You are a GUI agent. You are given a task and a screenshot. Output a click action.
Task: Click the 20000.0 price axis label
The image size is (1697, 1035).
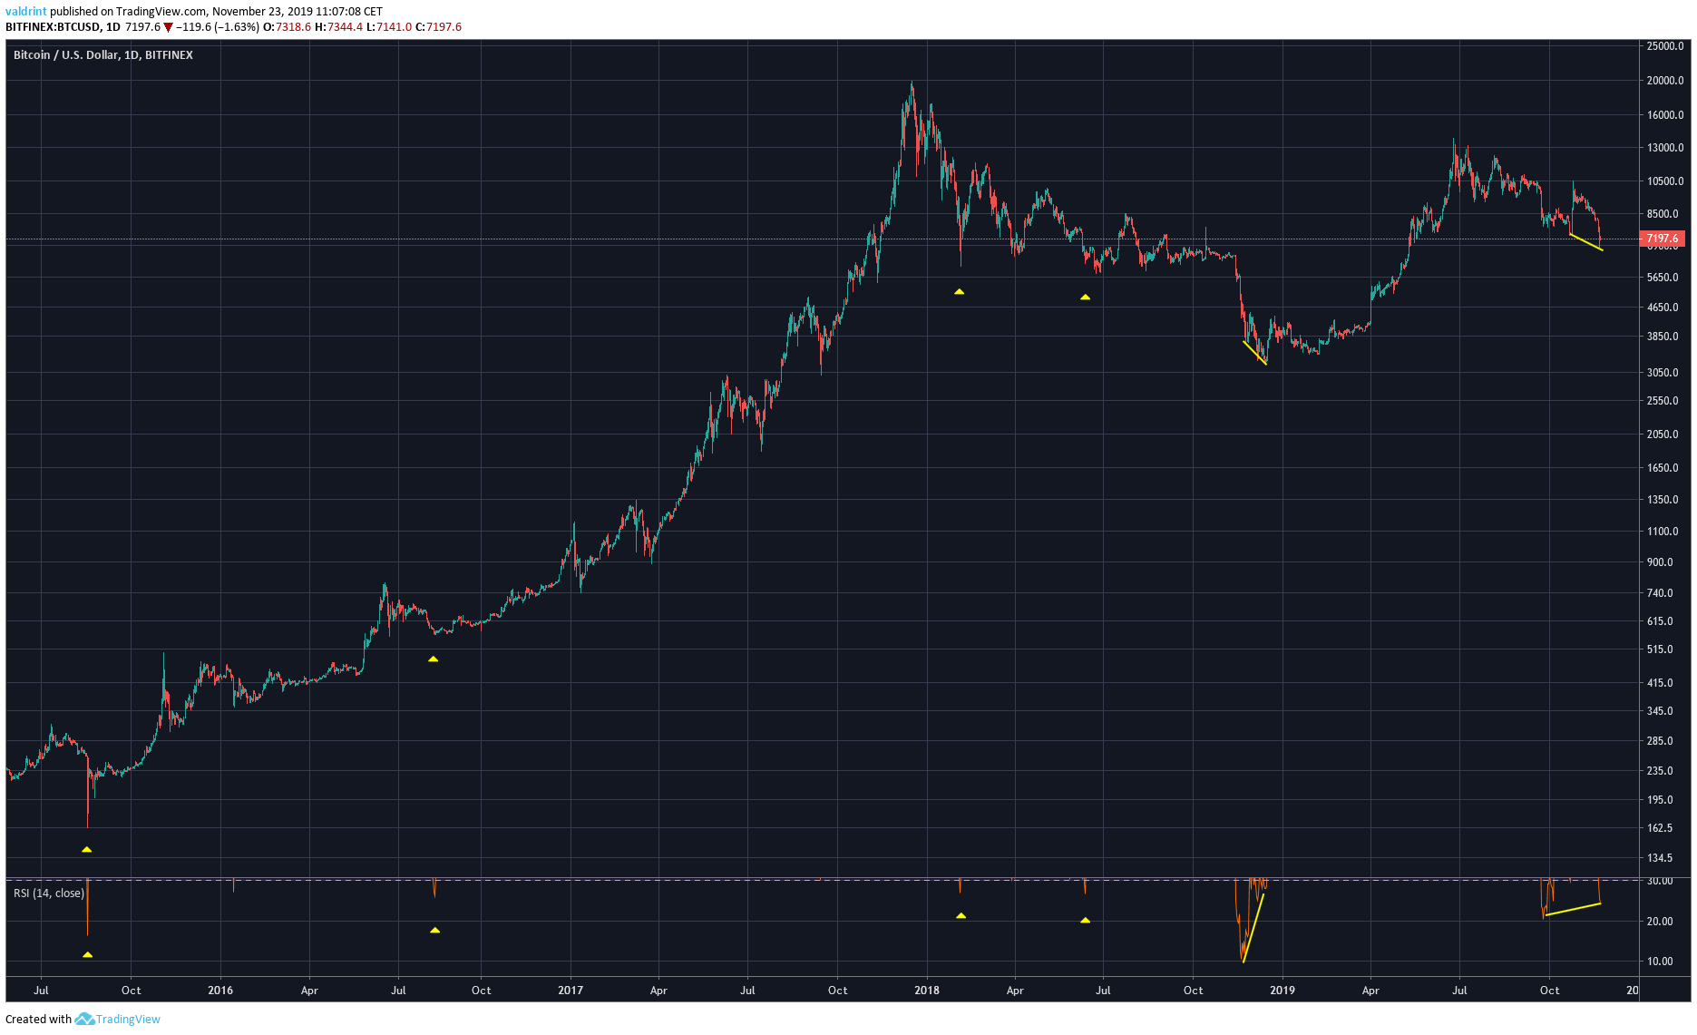click(1664, 81)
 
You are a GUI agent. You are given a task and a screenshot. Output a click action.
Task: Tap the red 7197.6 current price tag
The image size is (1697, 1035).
click(1663, 239)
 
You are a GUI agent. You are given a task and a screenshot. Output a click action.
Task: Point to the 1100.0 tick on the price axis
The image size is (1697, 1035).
click(1662, 532)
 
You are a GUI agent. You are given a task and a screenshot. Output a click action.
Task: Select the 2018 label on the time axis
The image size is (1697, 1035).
click(926, 990)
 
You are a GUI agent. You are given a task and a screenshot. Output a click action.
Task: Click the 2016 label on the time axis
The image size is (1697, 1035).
click(220, 990)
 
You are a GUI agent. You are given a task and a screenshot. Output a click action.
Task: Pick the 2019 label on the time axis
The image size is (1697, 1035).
click(1282, 990)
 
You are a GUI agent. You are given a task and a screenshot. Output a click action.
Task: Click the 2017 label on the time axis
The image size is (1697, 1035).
click(571, 990)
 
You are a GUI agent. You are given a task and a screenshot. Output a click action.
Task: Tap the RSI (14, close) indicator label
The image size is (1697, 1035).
click(49, 893)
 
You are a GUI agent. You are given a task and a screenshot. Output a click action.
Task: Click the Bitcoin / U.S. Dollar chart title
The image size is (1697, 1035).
click(102, 55)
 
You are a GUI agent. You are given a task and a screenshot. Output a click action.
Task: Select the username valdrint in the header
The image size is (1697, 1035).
click(25, 12)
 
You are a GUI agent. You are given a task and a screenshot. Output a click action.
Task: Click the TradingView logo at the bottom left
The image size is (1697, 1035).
click(118, 1019)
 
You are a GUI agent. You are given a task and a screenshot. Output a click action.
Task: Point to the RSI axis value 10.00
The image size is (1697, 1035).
click(1660, 962)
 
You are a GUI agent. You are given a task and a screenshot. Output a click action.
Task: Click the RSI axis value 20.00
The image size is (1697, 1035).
click(1660, 922)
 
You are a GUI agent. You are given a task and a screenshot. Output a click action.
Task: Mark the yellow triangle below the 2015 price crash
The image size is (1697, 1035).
click(87, 850)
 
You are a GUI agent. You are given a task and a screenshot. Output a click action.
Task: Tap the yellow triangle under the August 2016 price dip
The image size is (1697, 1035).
click(434, 659)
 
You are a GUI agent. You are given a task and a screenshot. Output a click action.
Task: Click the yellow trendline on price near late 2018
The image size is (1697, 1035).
click(1254, 352)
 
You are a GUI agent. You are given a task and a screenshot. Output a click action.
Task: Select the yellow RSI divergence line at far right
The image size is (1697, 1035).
click(1573, 909)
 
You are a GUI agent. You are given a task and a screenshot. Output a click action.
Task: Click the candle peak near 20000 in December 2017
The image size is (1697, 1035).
click(912, 86)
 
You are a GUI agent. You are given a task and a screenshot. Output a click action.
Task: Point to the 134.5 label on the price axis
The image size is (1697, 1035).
click(1660, 858)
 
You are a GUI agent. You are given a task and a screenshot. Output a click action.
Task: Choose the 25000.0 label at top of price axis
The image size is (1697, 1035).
click(1664, 46)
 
